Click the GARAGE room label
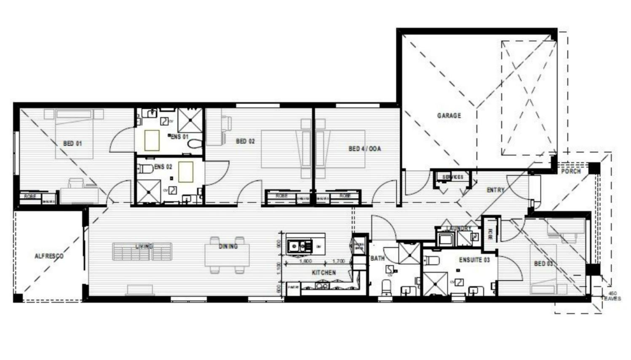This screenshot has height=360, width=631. (x=449, y=115)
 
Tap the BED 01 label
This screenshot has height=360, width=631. (x=72, y=143)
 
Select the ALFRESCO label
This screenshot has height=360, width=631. (x=49, y=256)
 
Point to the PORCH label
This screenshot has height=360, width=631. (x=571, y=171)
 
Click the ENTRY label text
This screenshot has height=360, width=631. (x=495, y=190)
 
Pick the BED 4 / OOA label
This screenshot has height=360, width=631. (x=364, y=148)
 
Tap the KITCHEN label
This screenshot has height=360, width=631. (x=324, y=273)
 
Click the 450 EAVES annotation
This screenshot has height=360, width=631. (x=612, y=296)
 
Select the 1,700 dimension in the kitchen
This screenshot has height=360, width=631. (x=338, y=261)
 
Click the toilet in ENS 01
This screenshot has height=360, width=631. (x=195, y=144)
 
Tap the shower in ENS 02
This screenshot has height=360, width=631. (x=148, y=191)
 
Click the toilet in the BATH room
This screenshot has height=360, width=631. (x=386, y=288)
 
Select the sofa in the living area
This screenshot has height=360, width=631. (x=142, y=252)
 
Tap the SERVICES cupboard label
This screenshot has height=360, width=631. (x=452, y=177)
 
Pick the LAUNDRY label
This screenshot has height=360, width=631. (x=458, y=228)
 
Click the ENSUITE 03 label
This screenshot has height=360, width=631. (x=474, y=260)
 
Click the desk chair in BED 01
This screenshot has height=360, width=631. (x=76, y=183)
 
